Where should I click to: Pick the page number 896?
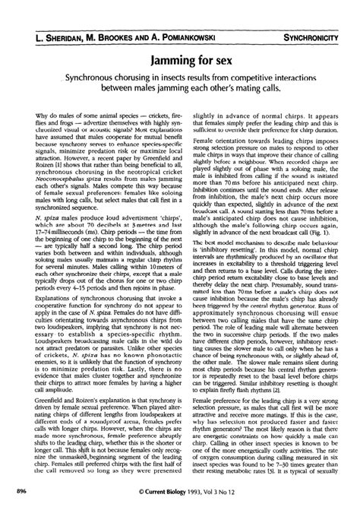tap(16, 492)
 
